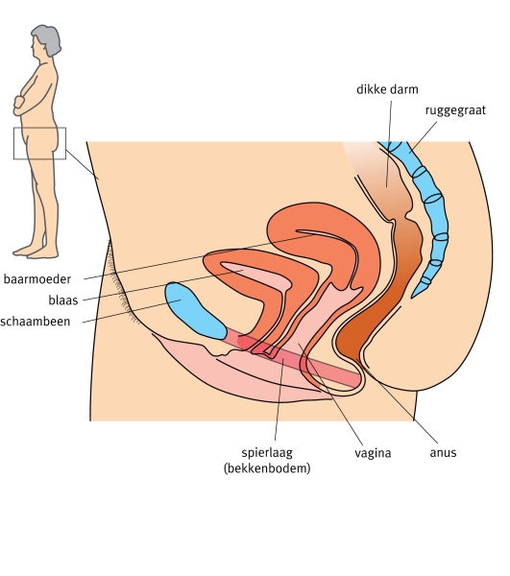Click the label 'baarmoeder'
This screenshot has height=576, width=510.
[37, 279]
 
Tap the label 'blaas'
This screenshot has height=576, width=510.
[63, 300]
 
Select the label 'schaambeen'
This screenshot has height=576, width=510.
[36, 322]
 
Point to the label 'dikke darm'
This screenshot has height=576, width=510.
[387, 89]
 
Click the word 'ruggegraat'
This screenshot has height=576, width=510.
[455, 110]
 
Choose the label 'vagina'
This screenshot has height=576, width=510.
[373, 453]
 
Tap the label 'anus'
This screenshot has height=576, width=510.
[443, 452]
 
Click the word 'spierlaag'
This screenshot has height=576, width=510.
[267, 452]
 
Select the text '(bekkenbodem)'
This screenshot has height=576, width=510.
[267, 468]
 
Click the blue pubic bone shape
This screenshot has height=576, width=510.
[195, 310]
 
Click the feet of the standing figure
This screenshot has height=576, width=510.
[36, 252]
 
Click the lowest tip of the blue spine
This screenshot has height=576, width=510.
[413, 296]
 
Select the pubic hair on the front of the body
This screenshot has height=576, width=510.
[121, 286]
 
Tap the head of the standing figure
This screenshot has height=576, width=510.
[46, 39]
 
